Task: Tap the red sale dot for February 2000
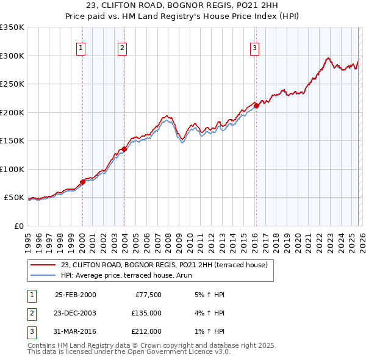(82, 182)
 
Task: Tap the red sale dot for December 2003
(124, 149)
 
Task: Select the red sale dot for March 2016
(256, 106)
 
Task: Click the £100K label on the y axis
(12, 169)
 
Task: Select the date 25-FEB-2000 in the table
(75, 295)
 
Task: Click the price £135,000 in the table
(146, 313)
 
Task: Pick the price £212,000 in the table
(146, 331)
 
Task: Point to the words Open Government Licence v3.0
(170, 351)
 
